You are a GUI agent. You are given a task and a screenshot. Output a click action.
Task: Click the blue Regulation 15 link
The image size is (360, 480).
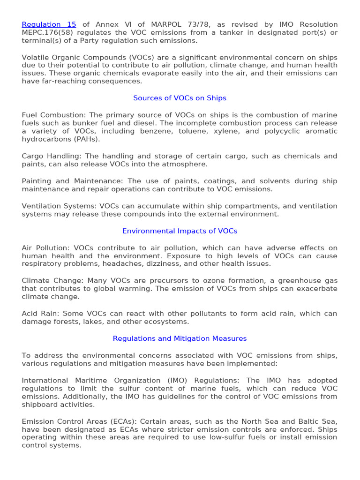49,24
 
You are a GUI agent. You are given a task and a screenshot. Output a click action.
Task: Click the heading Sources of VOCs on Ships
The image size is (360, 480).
180,98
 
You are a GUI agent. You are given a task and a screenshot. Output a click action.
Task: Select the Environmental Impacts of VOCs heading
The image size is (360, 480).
180,231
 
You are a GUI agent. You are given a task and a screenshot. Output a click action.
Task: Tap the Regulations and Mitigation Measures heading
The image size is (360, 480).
180,338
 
